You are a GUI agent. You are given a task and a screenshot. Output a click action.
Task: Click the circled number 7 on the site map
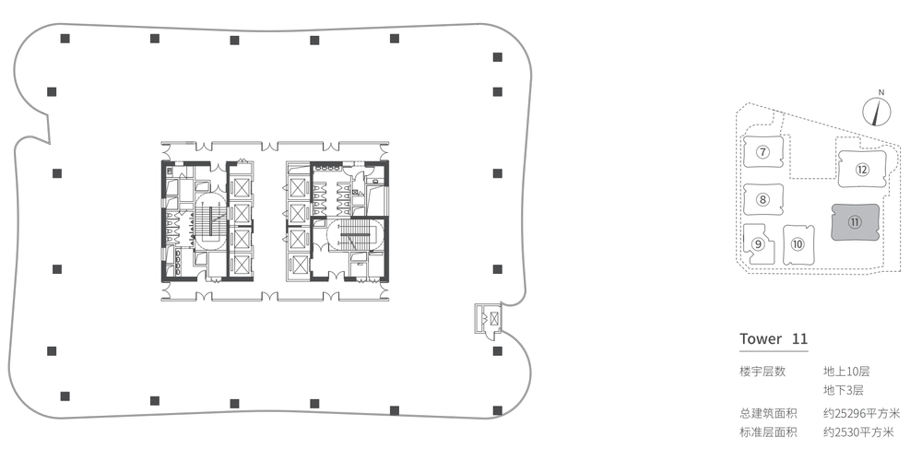(x=762, y=153)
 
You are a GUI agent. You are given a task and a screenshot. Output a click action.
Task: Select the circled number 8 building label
(x=762, y=200)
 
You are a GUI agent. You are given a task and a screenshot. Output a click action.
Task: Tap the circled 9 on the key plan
(x=758, y=244)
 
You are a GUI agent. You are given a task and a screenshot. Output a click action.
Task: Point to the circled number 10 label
(x=798, y=244)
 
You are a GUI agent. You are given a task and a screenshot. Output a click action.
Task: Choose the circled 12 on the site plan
(x=862, y=170)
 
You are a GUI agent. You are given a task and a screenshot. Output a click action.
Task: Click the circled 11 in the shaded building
(x=855, y=222)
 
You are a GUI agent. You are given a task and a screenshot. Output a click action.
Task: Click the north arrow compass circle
(x=877, y=112)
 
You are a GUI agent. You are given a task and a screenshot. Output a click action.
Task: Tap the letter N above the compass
(x=881, y=92)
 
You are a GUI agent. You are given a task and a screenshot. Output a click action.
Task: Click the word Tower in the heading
(x=761, y=338)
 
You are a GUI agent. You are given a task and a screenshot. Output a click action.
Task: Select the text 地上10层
(x=846, y=372)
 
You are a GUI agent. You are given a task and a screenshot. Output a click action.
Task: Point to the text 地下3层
(x=844, y=390)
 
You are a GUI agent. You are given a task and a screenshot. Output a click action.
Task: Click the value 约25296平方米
(x=861, y=414)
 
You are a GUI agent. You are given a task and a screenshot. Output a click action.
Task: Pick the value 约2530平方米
(x=858, y=432)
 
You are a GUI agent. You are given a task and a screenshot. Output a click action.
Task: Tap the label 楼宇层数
(x=762, y=372)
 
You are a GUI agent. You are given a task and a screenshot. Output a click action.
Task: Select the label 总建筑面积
(x=769, y=414)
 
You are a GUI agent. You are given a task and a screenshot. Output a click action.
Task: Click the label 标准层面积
(x=769, y=432)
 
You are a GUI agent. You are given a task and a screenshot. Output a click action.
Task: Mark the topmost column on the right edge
(x=498, y=57)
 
